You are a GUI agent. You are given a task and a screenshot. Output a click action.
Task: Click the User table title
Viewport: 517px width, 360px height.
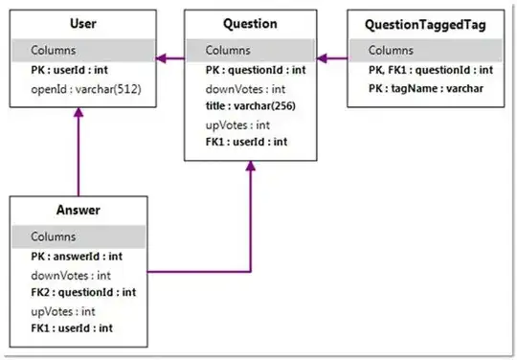click(79, 24)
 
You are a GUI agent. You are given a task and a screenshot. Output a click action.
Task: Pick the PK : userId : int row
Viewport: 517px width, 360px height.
click(73, 70)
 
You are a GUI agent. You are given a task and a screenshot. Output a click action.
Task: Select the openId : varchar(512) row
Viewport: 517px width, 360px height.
click(79, 88)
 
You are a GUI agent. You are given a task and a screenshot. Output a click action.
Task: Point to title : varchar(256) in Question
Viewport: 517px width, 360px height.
click(249, 106)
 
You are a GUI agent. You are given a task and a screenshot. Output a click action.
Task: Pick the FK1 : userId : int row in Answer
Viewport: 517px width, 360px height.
click(73, 328)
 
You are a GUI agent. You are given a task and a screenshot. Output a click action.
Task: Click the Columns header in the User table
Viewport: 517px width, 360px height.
click(53, 50)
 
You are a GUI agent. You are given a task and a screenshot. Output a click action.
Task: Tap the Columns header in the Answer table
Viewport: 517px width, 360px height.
click(53, 236)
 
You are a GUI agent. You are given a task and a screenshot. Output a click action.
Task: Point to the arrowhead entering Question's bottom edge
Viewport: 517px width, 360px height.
click(251, 166)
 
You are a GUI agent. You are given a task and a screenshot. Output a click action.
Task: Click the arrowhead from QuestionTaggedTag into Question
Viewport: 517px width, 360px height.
click(323, 58)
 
